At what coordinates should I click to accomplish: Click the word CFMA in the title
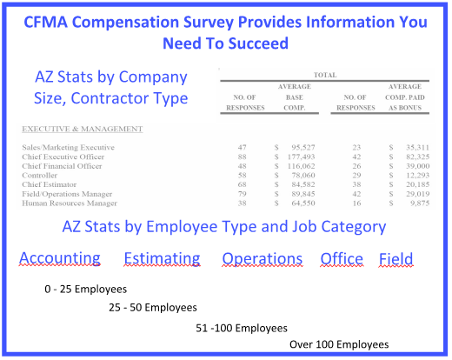pyautogui.click(x=45, y=22)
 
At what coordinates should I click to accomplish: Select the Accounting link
pyautogui.click(x=60, y=258)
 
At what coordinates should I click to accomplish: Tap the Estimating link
pyautogui.click(x=163, y=258)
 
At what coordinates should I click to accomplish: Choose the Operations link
pyautogui.click(x=263, y=258)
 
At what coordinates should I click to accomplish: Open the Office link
pyautogui.click(x=342, y=258)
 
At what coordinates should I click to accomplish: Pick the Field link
pyautogui.click(x=396, y=258)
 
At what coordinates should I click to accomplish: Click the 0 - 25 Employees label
pyautogui.click(x=86, y=289)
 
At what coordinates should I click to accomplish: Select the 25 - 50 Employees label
pyautogui.click(x=153, y=307)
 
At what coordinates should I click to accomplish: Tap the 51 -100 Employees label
pyautogui.click(x=242, y=328)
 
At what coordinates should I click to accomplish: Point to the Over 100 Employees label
pyautogui.click(x=339, y=344)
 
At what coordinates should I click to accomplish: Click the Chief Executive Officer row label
pyautogui.click(x=63, y=157)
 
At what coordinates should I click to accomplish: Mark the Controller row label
pyautogui.click(x=40, y=176)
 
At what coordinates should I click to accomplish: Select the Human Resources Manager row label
pyautogui.click(x=70, y=203)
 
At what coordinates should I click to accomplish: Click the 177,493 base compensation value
pyautogui.click(x=301, y=157)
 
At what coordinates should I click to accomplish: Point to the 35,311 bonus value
pyautogui.click(x=417, y=148)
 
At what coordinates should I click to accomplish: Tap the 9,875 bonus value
pyautogui.click(x=420, y=203)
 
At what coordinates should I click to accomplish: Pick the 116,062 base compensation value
pyautogui.click(x=301, y=166)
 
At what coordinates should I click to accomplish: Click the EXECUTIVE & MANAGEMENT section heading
pyautogui.click(x=83, y=129)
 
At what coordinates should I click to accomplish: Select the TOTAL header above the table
pyautogui.click(x=325, y=75)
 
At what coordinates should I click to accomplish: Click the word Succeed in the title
pyautogui.click(x=258, y=43)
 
